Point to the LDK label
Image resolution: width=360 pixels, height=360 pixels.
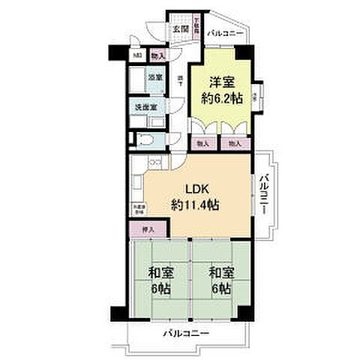(x=187, y=190)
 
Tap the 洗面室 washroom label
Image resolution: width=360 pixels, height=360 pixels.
(x=145, y=108)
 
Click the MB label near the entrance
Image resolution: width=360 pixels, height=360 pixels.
(x=138, y=55)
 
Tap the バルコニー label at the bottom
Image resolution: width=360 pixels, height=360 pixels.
(x=184, y=334)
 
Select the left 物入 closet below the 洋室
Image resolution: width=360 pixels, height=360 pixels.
(x=202, y=143)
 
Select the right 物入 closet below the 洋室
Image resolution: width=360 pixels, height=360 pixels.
(x=234, y=143)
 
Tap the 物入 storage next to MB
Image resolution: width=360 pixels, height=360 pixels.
(x=157, y=55)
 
